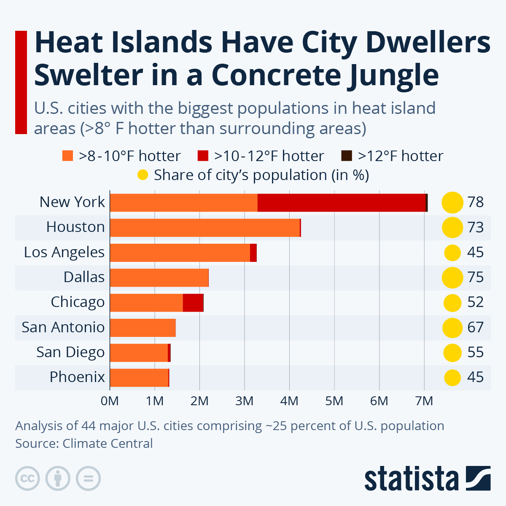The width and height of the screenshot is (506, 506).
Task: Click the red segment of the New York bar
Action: click(x=342, y=203)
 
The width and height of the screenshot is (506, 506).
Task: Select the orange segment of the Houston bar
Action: click(x=205, y=228)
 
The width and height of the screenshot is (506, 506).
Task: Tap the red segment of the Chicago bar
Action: click(x=193, y=303)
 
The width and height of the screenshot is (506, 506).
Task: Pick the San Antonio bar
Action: click(x=143, y=328)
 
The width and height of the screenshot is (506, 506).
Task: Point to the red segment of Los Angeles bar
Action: click(x=253, y=253)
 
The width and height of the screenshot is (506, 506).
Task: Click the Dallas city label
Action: click(x=84, y=277)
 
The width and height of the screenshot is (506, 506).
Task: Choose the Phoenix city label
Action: click(x=77, y=377)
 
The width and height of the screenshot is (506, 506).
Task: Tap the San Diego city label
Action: click(x=70, y=352)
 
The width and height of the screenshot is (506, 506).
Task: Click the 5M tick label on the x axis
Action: click(x=334, y=401)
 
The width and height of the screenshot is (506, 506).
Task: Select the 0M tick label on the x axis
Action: click(x=110, y=401)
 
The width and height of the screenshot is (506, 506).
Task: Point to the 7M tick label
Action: click(x=424, y=401)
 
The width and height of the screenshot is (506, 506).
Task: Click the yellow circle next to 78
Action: click(x=452, y=202)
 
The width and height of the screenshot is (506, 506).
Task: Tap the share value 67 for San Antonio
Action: click(x=475, y=328)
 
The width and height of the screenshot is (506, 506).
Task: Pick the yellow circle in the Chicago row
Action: click(x=452, y=303)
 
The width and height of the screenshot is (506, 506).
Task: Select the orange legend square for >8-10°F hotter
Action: click(x=67, y=156)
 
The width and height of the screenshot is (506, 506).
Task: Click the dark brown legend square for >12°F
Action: click(x=346, y=156)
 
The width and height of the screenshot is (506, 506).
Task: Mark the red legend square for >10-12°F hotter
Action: click(x=203, y=156)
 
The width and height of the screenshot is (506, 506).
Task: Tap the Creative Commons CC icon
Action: click(x=27, y=479)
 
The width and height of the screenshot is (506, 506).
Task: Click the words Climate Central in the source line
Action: click(x=108, y=444)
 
